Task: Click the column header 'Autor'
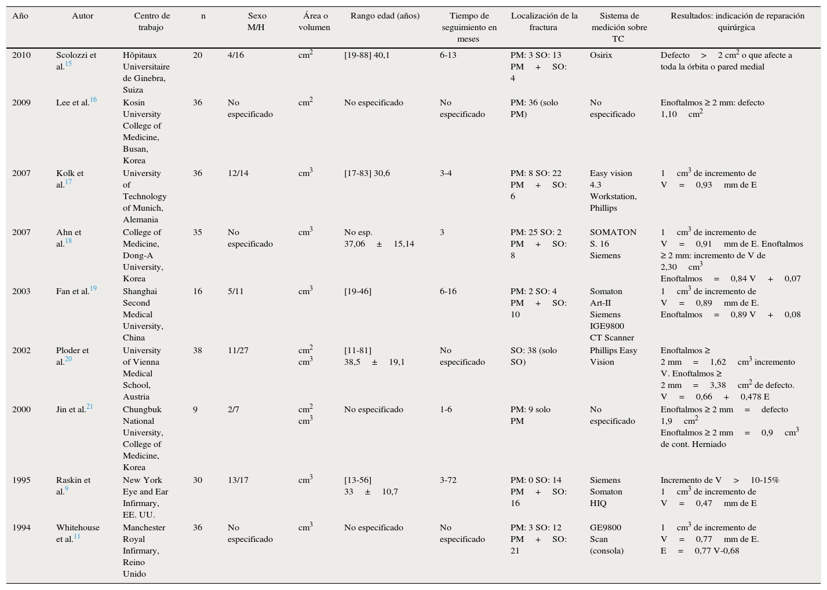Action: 82,16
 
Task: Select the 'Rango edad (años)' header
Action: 385,16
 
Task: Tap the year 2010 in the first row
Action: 21,56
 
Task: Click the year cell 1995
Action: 21,481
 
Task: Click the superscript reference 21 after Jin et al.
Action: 90,407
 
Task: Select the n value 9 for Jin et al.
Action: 195,410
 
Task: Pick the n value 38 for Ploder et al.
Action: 198,351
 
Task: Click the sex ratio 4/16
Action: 236,56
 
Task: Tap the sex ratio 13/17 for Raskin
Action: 238,481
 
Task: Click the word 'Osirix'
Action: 601,56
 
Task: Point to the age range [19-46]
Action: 358,292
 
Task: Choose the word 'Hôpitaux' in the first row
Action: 140,56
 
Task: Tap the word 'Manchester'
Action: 144,528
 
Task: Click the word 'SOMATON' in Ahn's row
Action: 613,233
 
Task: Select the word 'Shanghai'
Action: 140,292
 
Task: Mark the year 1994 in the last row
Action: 21,528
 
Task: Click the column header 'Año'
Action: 20,16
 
